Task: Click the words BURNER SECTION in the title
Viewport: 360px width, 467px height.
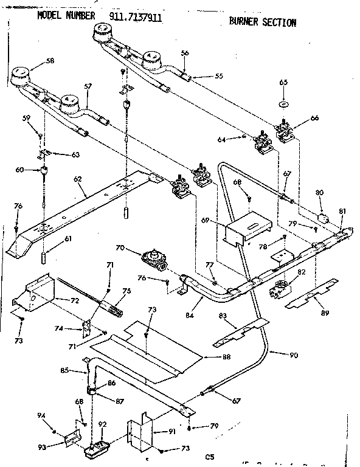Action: pos(262,22)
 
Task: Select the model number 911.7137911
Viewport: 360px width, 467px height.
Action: pos(136,18)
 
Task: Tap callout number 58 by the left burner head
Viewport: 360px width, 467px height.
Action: pos(50,61)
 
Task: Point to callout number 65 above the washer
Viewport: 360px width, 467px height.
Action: pos(283,81)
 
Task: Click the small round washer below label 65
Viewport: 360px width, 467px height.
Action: pos(283,104)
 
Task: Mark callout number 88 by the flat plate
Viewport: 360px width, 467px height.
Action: pos(226,356)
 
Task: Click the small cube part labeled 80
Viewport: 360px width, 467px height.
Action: pos(324,217)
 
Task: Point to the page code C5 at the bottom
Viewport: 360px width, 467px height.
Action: pos(210,456)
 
